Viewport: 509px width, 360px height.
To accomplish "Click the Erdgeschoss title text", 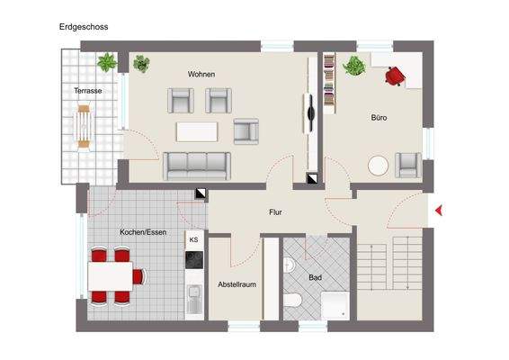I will [84, 27].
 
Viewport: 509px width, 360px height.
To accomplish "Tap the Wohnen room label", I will [201, 74].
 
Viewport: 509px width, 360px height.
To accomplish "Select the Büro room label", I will [379, 118].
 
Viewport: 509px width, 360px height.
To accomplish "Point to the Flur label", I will [276, 212].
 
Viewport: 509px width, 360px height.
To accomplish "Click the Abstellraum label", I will [237, 284].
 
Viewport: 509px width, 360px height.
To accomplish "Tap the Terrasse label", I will [87, 91].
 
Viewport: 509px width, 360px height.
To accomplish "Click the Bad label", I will [315, 277].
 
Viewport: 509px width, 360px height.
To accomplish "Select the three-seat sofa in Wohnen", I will [196, 165].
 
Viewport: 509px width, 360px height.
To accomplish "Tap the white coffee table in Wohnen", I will [198, 131].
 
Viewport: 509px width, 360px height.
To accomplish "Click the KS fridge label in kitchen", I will [194, 241].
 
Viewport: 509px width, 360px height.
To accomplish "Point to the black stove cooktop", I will [194, 259].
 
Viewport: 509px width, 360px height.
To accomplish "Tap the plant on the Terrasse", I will [107, 63].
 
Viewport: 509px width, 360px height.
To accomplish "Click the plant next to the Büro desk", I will [353, 66].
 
